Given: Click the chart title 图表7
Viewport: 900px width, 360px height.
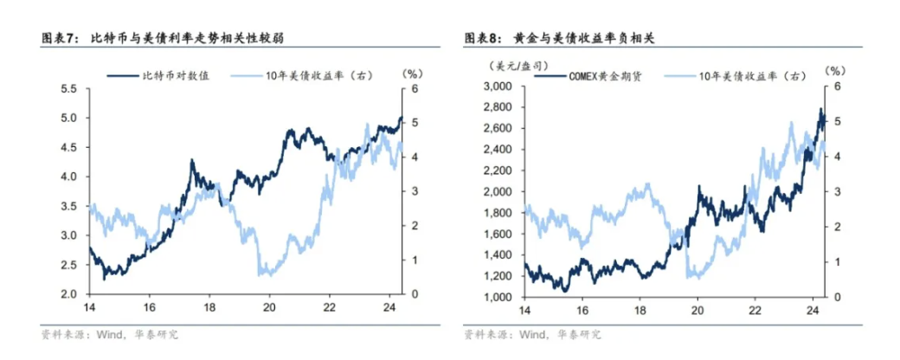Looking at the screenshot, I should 60,39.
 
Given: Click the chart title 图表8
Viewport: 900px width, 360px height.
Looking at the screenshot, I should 482,39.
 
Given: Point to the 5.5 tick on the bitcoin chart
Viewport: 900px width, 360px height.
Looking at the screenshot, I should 68,88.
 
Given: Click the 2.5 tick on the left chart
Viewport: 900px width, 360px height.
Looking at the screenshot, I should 68,265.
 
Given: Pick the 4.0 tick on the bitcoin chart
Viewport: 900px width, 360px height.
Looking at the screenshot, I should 68,177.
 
